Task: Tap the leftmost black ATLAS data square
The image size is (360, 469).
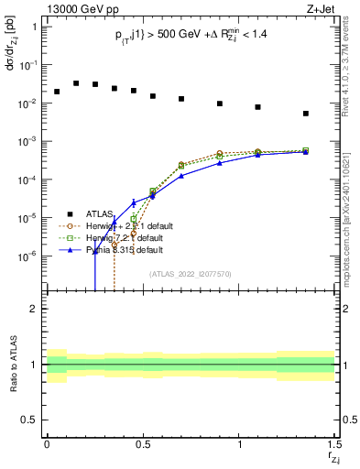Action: (57, 92)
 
